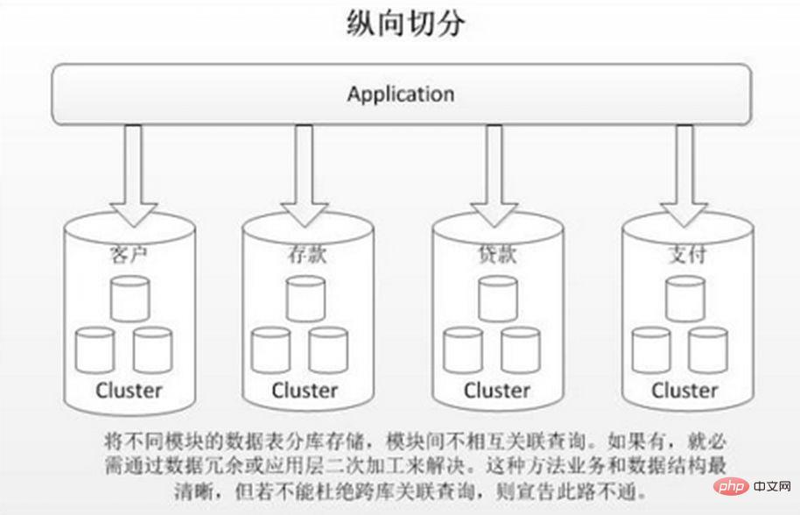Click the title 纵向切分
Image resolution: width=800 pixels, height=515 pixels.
click(x=400, y=24)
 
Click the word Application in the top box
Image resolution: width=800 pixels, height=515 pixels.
click(x=400, y=94)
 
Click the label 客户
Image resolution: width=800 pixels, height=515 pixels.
click(x=129, y=256)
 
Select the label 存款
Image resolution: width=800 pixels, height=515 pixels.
click(x=304, y=256)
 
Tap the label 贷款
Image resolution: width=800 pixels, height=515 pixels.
click(x=495, y=256)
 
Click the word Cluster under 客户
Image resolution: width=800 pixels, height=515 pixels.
click(x=129, y=389)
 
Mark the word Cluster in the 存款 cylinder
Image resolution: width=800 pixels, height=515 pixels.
click(x=305, y=389)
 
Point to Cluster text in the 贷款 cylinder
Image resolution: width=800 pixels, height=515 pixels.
click(x=496, y=389)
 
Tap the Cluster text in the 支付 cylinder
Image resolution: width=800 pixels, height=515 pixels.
click(x=684, y=389)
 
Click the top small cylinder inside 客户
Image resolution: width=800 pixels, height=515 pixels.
click(x=130, y=298)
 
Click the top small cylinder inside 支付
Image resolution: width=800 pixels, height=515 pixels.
click(x=684, y=298)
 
